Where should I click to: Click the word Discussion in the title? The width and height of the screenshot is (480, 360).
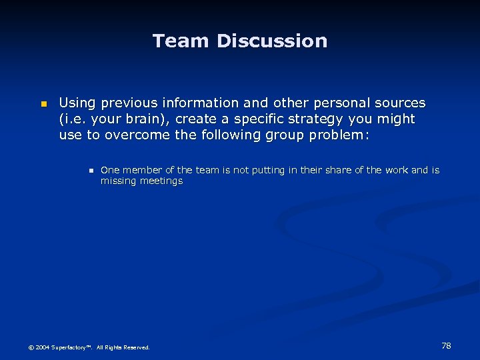[x=272, y=41]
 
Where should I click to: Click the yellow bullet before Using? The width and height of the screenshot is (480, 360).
[x=43, y=104]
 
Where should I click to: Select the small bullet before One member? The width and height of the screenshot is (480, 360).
[x=89, y=171]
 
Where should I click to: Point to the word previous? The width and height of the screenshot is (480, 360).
[x=127, y=103]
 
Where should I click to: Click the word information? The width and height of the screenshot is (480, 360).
[x=199, y=103]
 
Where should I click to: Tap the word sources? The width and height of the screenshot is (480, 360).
[x=398, y=103]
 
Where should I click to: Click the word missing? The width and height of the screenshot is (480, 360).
[x=117, y=181]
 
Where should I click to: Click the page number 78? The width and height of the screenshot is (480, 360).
[x=446, y=345]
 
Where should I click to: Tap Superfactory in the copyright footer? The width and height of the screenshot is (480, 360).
[x=72, y=347]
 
